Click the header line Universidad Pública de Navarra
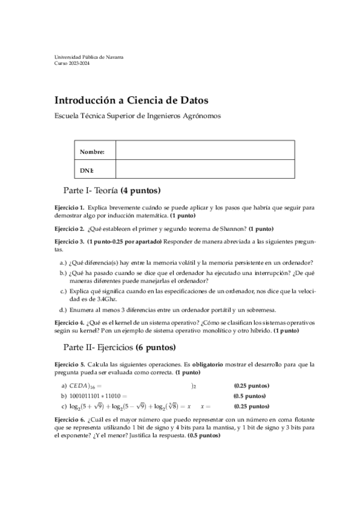pyautogui.click(x=89, y=57)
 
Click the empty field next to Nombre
pyautogui.click(x=204, y=152)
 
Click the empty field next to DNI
pyautogui.click(x=204, y=170)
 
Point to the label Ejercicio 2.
pyautogui.click(x=69, y=229)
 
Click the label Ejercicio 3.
pyautogui.click(x=69, y=242)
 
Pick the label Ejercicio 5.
pyautogui.click(x=69, y=364)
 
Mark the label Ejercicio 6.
pyautogui.click(x=69, y=419)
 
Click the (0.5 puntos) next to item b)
pyautogui.click(x=249, y=396)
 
